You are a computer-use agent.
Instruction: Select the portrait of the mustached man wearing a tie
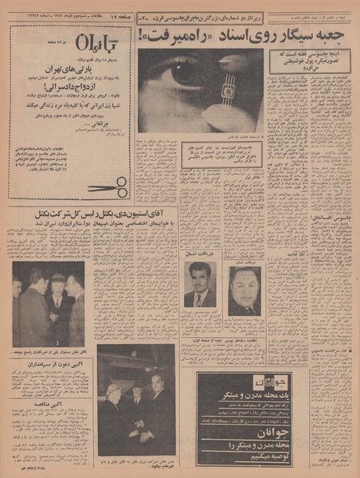[200, 285]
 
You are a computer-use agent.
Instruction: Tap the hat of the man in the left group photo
[57, 278]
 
